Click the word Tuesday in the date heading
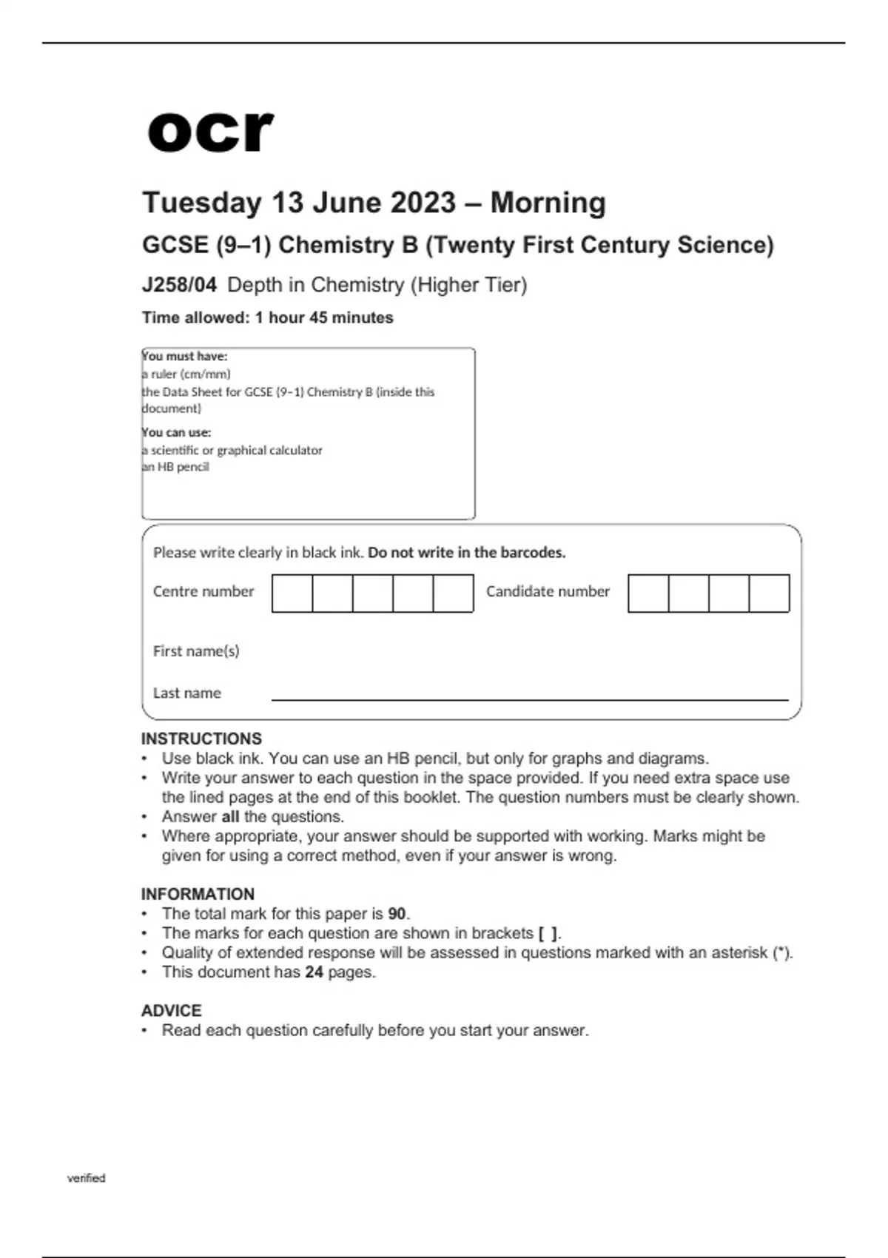202,203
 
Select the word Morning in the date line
548,203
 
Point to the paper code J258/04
179,285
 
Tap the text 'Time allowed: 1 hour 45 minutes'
268,317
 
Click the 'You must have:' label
185,356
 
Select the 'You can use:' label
177,432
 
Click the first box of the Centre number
292,593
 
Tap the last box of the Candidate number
770,593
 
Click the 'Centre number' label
203,591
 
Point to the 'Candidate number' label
548,591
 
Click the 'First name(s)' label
196,651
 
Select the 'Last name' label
187,693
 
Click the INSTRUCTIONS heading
201,739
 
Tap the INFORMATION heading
198,894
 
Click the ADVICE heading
171,1011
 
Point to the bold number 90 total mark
397,914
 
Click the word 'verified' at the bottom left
87,1178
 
